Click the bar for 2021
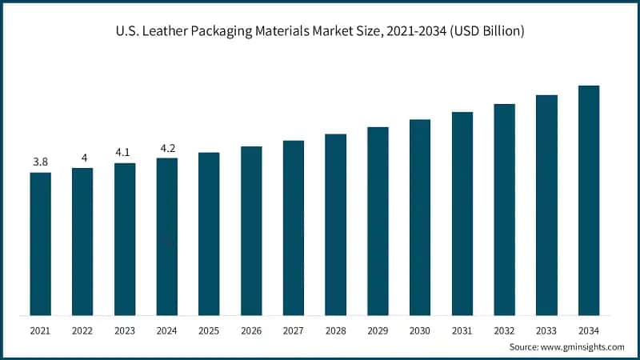point(41,243)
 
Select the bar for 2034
point(589,200)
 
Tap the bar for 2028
point(335,224)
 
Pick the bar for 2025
point(209,234)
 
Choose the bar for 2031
point(462,213)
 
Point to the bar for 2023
point(125,238)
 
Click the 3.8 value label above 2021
point(41,162)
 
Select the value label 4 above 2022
point(82,158)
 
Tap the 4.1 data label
point(125,153)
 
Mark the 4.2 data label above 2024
point(166,148)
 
